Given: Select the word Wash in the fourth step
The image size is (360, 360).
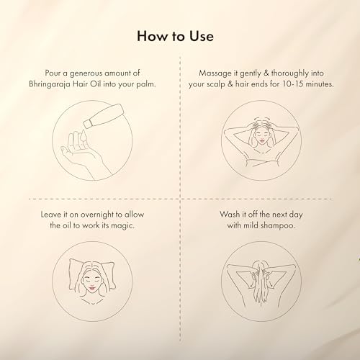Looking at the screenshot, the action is coord(230,215).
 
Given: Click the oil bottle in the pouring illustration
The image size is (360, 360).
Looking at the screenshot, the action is coord(104,116).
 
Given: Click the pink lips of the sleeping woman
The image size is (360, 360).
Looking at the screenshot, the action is coord(92,288).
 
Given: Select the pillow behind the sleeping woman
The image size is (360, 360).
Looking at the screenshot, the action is coord(92,274).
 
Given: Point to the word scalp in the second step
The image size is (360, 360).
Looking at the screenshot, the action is coord(216,85).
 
